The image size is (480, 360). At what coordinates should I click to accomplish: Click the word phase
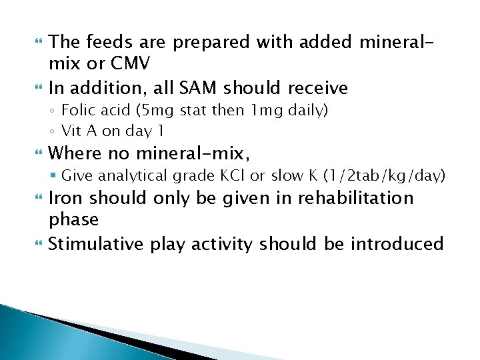(73, 219)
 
